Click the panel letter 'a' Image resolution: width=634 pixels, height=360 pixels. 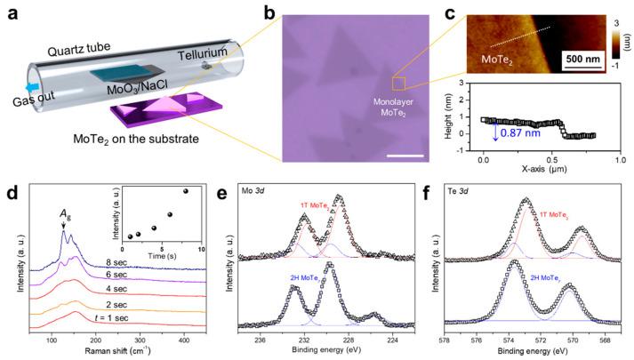coord(10,11)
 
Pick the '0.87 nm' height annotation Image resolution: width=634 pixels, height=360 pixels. coord(517,133)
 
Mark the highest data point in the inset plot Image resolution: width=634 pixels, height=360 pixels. coord(186,190)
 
